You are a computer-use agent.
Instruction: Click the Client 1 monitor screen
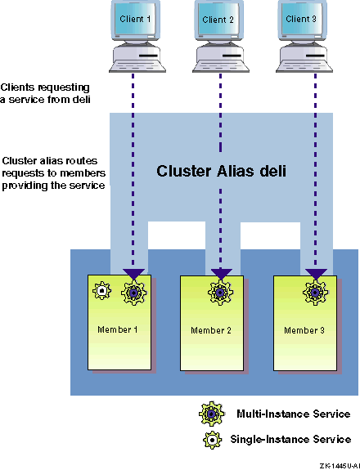[135, 19]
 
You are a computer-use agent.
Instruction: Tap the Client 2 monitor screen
[218, 19]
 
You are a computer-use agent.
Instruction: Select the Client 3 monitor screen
[301, 19]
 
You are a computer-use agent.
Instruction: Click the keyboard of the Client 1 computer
[137, 66]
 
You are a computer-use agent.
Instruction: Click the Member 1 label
[118, 329]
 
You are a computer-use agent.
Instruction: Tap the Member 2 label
[211, 330]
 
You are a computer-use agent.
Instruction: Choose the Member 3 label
[304, 330]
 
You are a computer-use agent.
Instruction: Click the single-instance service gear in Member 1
[102, 290]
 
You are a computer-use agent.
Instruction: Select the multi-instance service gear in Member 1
[134, 293]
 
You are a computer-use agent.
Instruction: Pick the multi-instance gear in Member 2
[221, 293]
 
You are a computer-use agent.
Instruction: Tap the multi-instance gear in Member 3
[315, 293]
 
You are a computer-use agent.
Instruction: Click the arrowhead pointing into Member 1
[133, 274]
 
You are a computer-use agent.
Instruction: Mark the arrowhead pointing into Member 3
[316, 274]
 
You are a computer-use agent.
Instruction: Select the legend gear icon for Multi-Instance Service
[211, 414]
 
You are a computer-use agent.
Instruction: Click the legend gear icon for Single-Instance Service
[213, 440]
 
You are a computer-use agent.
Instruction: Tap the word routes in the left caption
[82, 161]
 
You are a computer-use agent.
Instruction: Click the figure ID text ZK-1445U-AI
[340, 465]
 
